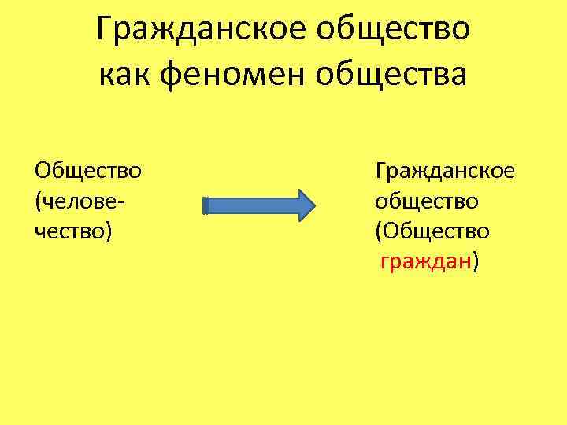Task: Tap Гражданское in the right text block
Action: click(445, 170)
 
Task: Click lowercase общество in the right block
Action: click(426, 201)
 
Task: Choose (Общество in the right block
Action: click(432, 231)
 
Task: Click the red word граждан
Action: click(425, 262)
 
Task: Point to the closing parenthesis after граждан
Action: click(475, 262)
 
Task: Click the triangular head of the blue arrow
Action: click(306, 206)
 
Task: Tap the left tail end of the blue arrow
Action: click(206, 206)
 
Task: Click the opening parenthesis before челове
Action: click(37, 201)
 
